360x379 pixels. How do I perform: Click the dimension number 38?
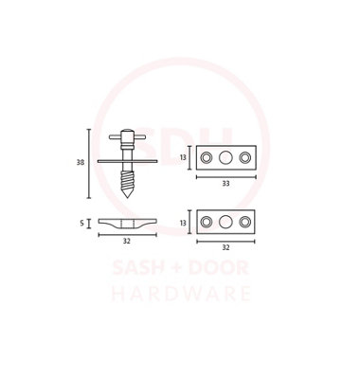[81, 162]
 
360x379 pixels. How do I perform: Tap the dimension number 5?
[82, 224]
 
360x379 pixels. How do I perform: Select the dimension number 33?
[225, 184]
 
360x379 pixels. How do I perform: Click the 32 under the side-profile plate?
[127, 241]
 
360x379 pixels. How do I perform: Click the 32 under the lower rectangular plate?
[225, 247]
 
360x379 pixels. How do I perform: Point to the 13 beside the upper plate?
[183, 157]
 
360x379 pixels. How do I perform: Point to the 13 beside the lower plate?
[183, 223]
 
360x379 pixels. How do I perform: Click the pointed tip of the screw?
[127, 198]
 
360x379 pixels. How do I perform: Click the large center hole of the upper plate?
[225, 157]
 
